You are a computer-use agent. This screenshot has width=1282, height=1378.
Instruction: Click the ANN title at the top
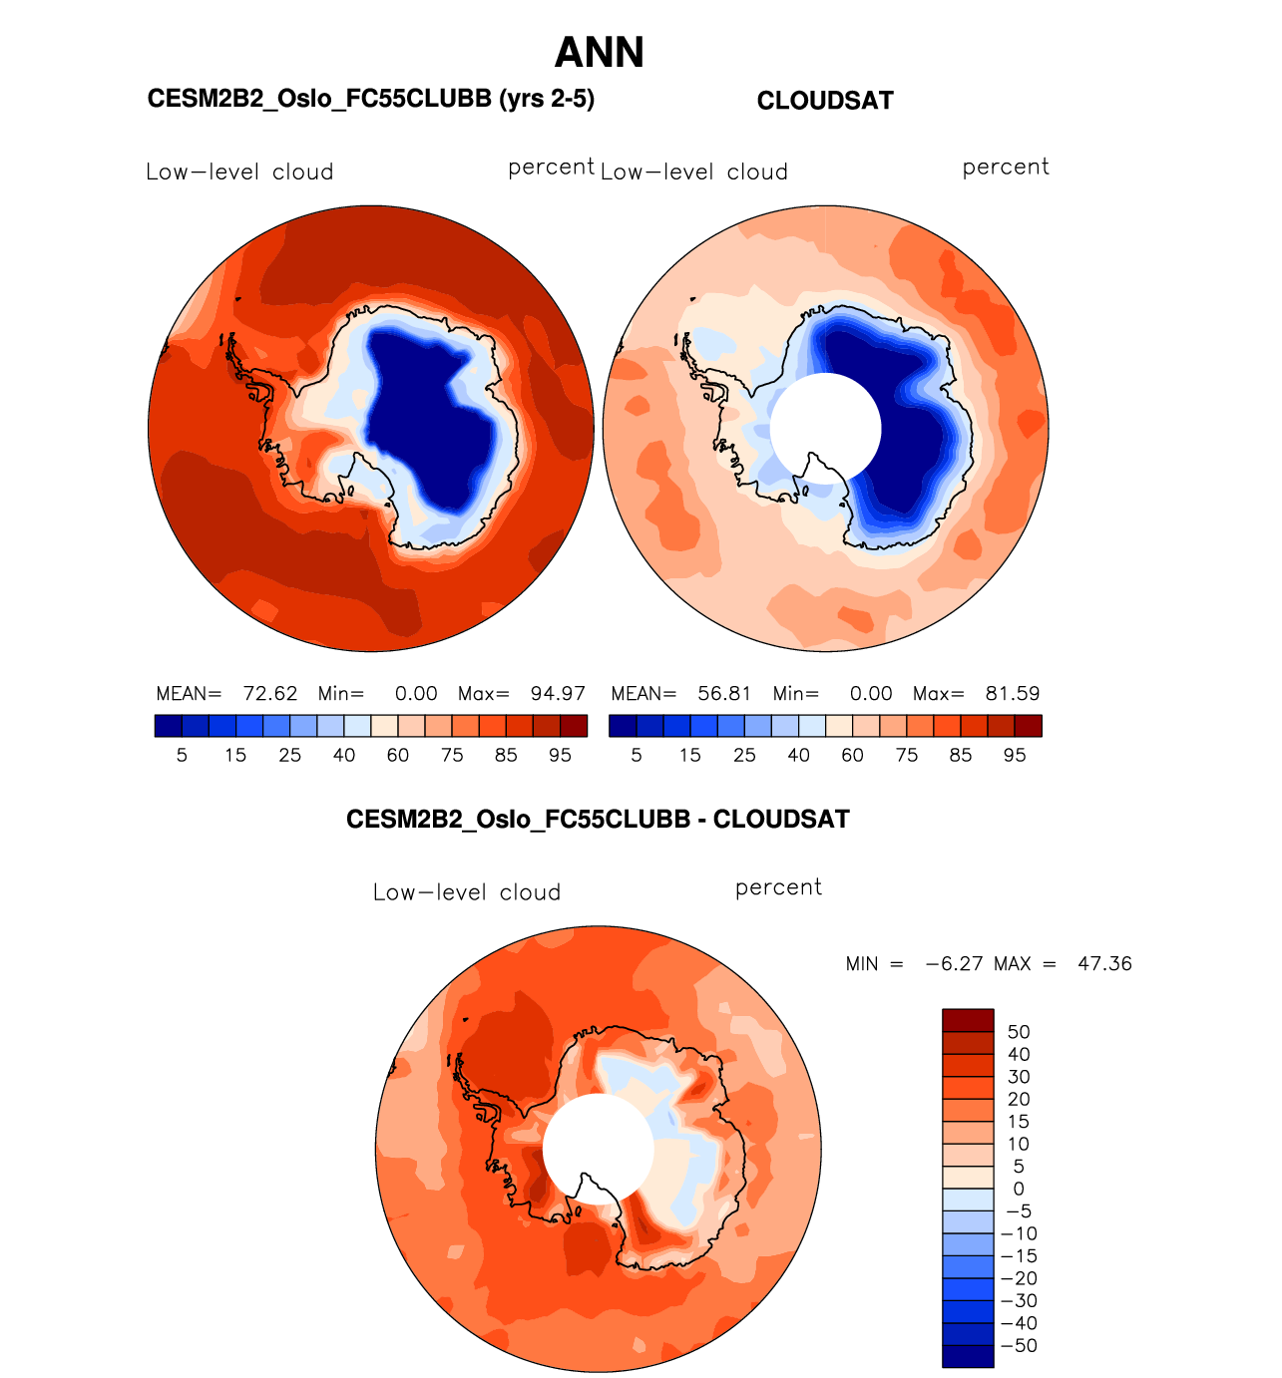pyautogui.click(x=599, y=53)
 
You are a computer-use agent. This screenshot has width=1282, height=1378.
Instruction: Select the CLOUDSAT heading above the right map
pyautogui.click(x=825, y=101)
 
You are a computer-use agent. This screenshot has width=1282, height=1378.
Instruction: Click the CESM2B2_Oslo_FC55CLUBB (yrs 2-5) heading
pyautogui.click(x=370, y=99)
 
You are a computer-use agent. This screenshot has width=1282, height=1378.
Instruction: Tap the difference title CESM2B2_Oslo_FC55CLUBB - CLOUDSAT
pyautogui.click(x=598, y=820)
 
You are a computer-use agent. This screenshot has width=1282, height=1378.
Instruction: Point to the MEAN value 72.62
pyautogui.click(x=270, y=694)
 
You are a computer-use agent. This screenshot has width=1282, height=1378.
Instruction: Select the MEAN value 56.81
pyautogui.click(x=724, y=694)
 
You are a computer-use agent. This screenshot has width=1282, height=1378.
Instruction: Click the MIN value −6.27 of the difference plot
pyautogui.click(x=954, y=964)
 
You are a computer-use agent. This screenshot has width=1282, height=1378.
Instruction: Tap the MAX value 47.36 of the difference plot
pyautogui.click(x=1104, y=964)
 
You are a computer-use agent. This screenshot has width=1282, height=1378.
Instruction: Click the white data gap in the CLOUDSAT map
pyautogui.click(x=825, y=429)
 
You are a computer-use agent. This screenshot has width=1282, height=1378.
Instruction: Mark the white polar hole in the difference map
pyautogui.click(x=598, y=1149)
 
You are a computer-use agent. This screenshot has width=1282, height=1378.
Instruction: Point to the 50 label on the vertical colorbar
pyautogui.click(x=1019, y=1032)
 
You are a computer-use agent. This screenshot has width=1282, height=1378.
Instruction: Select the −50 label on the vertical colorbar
pyautogui.click(x=1019, y=1346)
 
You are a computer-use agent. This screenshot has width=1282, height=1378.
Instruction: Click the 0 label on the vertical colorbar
pyautogui.click(x=1019, y=1189)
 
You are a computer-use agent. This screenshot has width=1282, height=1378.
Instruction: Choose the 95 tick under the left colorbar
pyautogui.click(x=561, y=756)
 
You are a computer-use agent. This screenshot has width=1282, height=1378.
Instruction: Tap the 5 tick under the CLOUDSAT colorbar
pyautogui.click(x=637, y=756)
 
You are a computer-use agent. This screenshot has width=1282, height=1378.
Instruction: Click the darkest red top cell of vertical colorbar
pyautogui.click(x=968, y=1020)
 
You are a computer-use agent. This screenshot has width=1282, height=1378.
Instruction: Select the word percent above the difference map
pyautogui.click(x=778, y=887)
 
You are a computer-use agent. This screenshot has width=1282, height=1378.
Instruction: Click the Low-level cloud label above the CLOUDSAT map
pyautogui.click(x=694, y=172)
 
